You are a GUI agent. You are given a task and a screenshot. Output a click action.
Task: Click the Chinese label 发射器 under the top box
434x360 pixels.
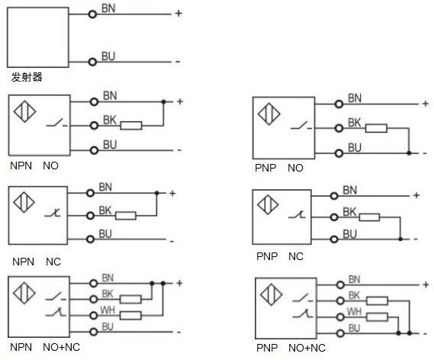coord(27,77)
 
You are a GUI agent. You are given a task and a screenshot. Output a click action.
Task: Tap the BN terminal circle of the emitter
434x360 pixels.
coord(92,14)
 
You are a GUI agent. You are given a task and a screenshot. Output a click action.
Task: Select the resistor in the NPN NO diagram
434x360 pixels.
coord(131,126)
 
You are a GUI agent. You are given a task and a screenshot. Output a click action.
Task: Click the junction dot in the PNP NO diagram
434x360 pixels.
coord(409,153)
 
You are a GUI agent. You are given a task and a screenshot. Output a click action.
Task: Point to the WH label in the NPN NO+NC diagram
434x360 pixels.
coord(108,310)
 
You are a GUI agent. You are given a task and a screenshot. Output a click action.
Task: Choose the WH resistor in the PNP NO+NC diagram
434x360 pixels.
coord(377,317)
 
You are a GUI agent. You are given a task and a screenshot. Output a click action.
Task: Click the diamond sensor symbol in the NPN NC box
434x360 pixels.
coord(24,202)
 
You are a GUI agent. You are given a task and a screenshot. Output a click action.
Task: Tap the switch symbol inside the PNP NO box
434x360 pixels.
coord(301,126)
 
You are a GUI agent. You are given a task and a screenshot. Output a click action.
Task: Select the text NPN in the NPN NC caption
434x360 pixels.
coord(23,262)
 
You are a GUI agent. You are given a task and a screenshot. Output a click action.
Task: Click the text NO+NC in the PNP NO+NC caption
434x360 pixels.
coord(307,348)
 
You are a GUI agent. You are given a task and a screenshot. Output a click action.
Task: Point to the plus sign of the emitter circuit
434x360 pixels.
coord(178,13)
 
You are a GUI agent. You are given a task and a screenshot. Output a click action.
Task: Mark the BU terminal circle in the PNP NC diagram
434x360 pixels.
coord(334,239)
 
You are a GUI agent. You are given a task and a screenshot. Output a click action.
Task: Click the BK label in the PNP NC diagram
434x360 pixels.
coord(349,212)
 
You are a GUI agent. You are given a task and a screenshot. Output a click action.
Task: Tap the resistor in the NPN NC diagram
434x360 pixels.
coord(126,216)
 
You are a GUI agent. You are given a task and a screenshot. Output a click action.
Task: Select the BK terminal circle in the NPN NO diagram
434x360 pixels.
coord(94,126)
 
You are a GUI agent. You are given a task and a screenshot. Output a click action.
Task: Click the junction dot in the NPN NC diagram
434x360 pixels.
coord(156,193)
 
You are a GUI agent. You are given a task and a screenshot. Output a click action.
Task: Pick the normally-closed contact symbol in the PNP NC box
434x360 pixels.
coord(297,214)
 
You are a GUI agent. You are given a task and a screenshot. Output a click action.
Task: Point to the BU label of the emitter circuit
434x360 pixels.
coord(108,56)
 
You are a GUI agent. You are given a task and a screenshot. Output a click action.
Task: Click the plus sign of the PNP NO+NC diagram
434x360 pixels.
coord(426,284)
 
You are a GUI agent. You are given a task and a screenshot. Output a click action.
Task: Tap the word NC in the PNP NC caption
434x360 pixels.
coord(296,256)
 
